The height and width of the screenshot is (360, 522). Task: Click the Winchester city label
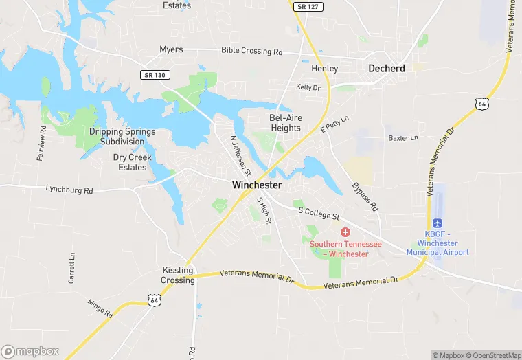point(257,185)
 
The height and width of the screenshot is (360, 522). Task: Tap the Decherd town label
point(387,68)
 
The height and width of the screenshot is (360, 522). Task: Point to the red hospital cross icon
point(345,233)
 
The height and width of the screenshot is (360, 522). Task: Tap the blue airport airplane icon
point(438,223)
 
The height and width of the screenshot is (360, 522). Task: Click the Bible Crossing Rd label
point(251,52)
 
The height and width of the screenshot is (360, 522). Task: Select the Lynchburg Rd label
point(69,188)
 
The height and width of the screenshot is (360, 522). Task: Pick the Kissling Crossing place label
point(177,275)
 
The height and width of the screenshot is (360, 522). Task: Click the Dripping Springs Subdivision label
point(122,136)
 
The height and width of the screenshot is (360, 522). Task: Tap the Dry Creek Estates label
point(133,162)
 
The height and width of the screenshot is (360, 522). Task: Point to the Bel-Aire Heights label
point(285,123)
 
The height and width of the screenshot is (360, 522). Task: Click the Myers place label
point(171,49)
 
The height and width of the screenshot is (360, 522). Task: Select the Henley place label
point(325,69)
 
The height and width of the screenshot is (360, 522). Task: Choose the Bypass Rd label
point(365,197)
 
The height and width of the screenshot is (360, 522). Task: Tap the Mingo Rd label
point(100,308)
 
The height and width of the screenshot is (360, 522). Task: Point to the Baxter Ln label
point(403,138)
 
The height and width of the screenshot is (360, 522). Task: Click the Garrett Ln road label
point(71,269)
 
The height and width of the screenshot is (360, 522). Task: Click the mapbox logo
point(30,351)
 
